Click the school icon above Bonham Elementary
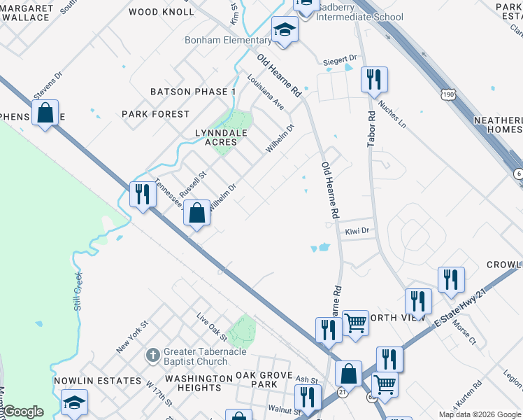tap(285, 29)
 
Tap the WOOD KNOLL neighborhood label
tap(162, 12)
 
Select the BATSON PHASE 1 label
tap(193, 92)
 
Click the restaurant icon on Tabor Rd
tap(374, 79)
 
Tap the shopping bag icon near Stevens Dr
tap(45, 113)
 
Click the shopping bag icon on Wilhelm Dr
tap(197, 211)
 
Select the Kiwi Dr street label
tap(357, 230)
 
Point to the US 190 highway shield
tap(449, 94)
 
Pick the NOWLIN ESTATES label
tap(97, 380)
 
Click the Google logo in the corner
tap(22, 412)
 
